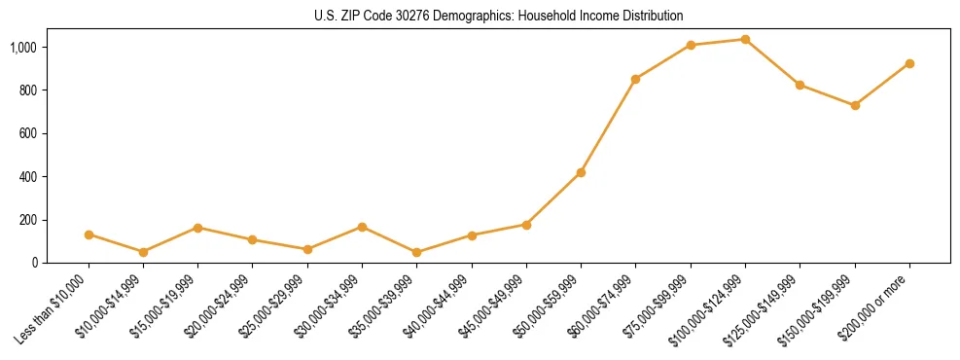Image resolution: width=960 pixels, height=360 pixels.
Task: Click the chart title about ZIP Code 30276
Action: click(499, 16)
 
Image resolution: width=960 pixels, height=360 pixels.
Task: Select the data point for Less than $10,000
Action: click(89, 234)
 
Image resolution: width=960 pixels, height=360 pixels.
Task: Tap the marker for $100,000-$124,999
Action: click(745, 40)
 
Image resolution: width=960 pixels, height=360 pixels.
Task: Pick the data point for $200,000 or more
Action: click(909, 63)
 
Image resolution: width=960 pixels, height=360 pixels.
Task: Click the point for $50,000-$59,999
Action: click(581, 172)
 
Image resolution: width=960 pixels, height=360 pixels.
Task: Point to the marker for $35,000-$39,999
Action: click(416, 252)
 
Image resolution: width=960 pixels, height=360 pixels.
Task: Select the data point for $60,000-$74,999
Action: click(635, 79)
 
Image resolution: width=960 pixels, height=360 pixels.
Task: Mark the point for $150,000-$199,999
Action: click(855, 105)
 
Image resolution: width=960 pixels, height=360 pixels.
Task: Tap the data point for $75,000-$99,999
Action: click(691, 45)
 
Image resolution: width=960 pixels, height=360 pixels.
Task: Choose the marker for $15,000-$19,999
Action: click(197, 228)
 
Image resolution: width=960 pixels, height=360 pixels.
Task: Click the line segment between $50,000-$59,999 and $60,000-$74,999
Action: click(608, 126)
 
